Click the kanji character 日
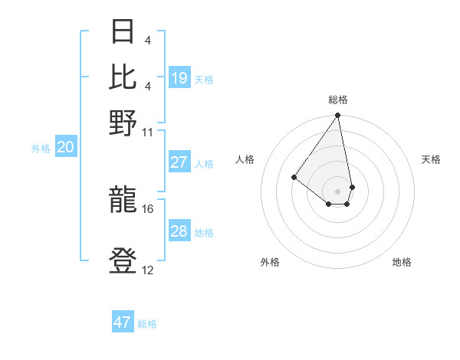coord(123,33)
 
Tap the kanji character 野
coord(123,123)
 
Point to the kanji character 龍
coord(123,201)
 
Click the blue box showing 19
coord(179,78)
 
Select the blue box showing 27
coord(179,162)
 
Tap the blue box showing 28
coord(179,231)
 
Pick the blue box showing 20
coord(65,148)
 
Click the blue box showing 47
coord(123,322)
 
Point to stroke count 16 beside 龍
coord(148,208)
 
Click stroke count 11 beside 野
coord(148,132)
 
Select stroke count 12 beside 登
coord(148,270)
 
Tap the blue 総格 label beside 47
coord(147,324)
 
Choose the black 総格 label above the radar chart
coord(338,100)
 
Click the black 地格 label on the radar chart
coord(402,263)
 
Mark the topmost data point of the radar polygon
coord(338,116)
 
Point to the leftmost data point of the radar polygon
coord(294,177)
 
